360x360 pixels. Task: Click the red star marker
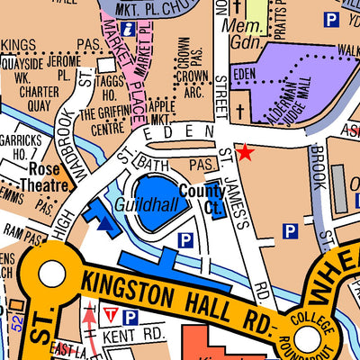click(244, 154)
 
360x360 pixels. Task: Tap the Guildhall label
click(137, 204)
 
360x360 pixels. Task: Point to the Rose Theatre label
click(49, 176)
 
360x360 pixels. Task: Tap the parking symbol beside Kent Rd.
click(130, 318)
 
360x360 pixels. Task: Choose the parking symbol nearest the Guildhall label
click(185, 239)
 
